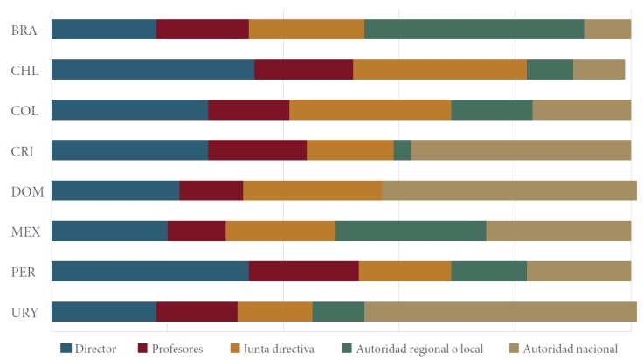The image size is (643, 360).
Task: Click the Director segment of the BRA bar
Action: tap(103, 29)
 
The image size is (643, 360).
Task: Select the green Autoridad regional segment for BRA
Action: tap(474, 29)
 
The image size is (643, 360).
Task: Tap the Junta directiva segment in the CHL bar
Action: tap(439, 69)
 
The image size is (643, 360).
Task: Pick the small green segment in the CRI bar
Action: tap(402, 149)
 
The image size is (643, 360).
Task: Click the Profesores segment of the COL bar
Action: tap(248, 109)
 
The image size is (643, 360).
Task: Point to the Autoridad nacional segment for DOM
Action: tap(508, 190)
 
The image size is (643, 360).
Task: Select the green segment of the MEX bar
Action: tap(410, 230)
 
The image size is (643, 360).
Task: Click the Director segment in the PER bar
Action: tap(149, 270)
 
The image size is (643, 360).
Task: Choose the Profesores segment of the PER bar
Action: tap(303, 270)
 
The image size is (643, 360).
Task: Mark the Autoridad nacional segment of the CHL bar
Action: tap(598, 69)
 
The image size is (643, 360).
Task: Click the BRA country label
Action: tap(24, 30)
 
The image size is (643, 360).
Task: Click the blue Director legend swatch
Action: tap(66, 348)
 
